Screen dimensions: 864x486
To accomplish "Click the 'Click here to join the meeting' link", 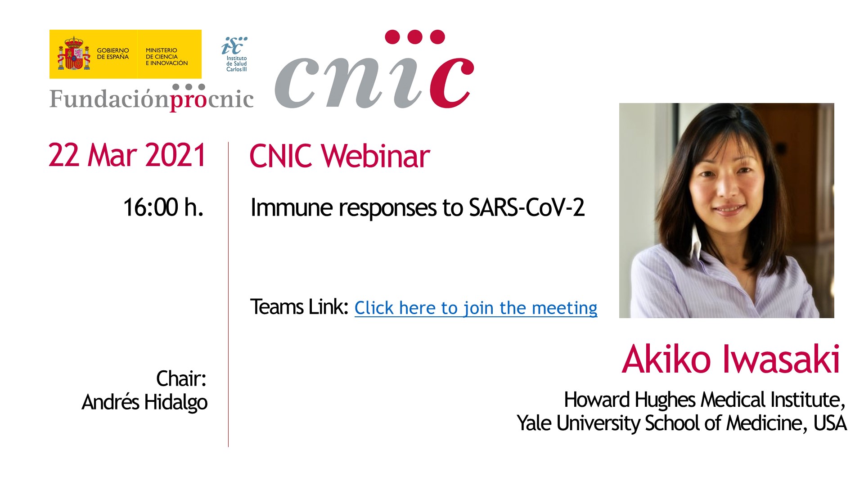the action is coord(476,308).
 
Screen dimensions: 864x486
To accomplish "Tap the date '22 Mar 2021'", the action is coord(127,155).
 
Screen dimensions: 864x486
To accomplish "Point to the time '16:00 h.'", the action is coord(163,207).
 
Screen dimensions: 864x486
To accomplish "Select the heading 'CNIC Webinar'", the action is coord(340,156).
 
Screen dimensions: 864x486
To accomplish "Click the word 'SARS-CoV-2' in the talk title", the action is coord(526,207).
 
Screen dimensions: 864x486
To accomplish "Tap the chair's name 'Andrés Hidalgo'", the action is coord(144,402).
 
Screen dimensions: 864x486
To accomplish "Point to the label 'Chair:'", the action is coord(181,378).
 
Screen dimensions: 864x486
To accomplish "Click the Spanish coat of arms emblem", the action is coord(74,54).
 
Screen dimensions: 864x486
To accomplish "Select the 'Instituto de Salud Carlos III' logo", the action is coord(235,54).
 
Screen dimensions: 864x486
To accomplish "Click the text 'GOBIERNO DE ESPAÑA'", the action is coord(113,54).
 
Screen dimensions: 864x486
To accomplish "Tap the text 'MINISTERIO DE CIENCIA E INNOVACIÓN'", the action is coord(166,57).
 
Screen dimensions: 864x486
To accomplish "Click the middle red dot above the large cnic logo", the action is coord(415,36).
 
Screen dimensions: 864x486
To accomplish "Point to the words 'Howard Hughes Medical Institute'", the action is coord(702,400).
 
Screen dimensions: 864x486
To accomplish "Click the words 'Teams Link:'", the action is coord(299,307).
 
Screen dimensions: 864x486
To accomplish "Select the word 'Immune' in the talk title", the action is coord(292,207).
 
